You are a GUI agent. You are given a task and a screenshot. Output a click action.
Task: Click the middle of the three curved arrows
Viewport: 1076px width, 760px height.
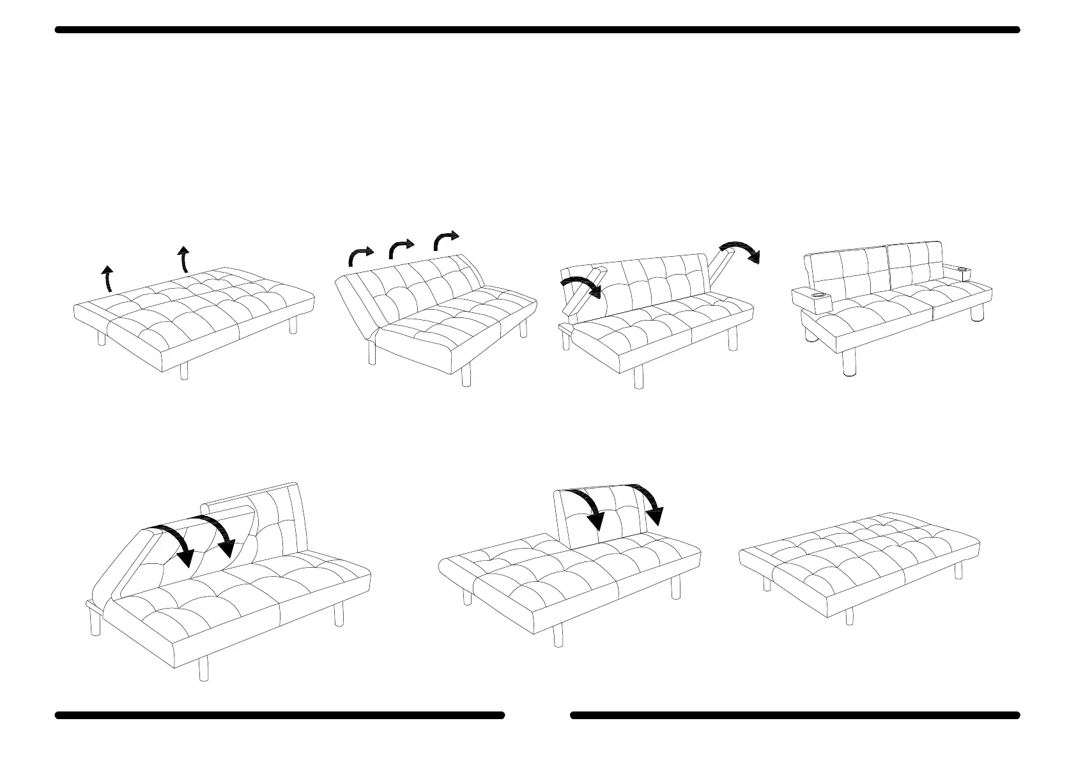click(x=401, y=247)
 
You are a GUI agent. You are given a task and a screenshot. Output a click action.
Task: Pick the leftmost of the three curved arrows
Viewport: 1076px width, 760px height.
click(x=360, y=255)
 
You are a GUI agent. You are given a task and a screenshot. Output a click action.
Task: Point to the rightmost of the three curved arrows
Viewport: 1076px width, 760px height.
click(x=445, y=239)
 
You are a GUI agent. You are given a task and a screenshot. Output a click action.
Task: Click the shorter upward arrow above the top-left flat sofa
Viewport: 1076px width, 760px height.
click(x=108, y=278)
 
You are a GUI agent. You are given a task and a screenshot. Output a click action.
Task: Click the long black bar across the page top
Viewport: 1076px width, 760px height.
click(x=537, y=30)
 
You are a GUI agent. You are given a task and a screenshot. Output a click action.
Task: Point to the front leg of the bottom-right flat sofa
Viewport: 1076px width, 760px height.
click(x=849, y=616)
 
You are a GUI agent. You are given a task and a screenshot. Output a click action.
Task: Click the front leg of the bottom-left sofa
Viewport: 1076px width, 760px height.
click(x=204, y=669)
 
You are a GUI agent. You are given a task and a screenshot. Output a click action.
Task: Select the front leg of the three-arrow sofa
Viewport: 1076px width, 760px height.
click(x=466, y=375)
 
